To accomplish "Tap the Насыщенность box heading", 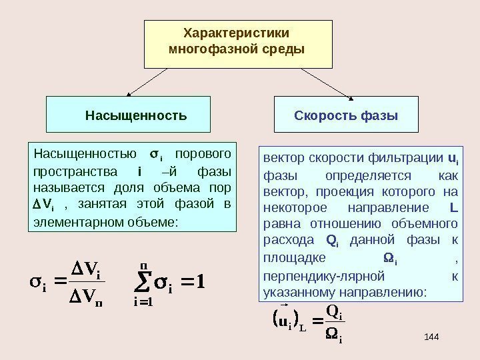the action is click(136, 115).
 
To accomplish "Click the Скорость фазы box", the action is click(346, 115).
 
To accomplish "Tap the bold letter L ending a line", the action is click(453, 207).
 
